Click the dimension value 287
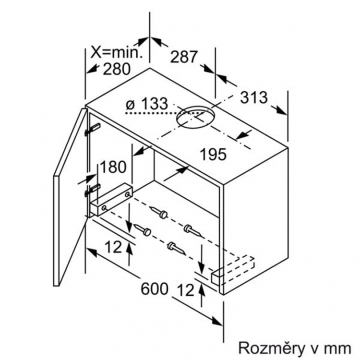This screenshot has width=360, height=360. pos(184,57)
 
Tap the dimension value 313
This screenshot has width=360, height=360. pos(254,97)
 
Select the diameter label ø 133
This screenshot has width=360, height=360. pos(147,104)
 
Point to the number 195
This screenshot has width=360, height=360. pos(213,154)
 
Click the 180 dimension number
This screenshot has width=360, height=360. pos(113,167)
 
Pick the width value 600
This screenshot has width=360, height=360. pos(155,289)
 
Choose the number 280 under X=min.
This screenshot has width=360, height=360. pos(117,69)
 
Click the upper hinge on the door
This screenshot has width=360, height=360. pos(93,129)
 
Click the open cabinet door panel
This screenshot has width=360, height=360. pos(70,197)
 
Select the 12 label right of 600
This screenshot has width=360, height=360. pos(186,290)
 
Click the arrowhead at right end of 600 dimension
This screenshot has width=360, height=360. pos(217,322)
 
